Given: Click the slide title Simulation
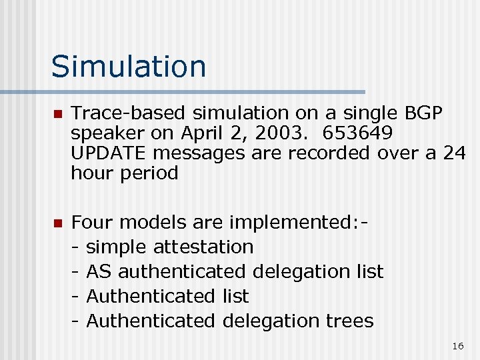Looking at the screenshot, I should click(129, 67).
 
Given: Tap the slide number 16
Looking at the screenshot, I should click(457, 346).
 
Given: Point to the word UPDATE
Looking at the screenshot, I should click(109, 153).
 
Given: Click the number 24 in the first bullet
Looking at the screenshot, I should click(453, 153).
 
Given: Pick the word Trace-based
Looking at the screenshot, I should click(129, 113).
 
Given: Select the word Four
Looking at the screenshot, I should click(93, 222).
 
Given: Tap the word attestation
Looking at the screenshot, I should click(203, 247).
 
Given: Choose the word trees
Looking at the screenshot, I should click(349, 321).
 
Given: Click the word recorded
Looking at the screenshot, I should click(319, 153).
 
